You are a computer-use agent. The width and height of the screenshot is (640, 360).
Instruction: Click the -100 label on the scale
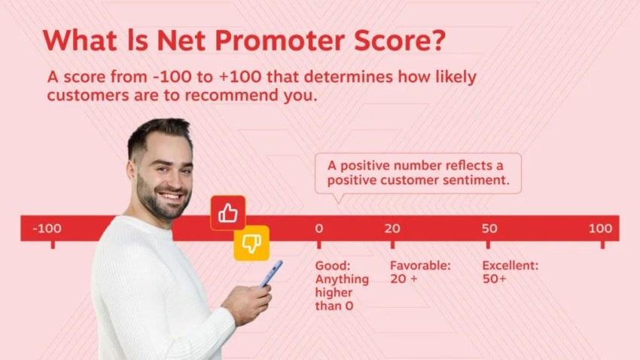pos(47,228)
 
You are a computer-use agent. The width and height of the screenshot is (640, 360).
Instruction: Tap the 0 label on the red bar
pos(318,228)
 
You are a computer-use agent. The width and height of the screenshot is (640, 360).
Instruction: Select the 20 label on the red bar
pos(392,228)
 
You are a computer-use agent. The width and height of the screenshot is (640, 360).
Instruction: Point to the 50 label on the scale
pos(489,228)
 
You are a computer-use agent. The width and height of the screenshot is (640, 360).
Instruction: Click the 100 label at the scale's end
pos(600,228)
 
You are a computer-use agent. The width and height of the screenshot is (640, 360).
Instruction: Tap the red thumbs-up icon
pos(228,214)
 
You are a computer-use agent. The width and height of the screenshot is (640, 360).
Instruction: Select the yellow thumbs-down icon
pos(251,243)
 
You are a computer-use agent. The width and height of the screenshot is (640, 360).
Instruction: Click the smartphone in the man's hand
pos(271,273)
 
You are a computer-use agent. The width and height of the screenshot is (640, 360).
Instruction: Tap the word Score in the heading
pos(391,41)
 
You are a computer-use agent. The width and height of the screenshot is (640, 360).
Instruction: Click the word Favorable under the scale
pos(419,266)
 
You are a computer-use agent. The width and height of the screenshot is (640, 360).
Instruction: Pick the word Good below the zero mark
pos(332,266)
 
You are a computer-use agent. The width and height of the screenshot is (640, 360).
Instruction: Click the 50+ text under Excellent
pos(494,279)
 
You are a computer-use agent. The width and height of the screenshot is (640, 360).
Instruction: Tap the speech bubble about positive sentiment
pos(417,173)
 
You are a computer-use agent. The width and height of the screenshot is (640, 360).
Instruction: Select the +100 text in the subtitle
pos(206,78)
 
